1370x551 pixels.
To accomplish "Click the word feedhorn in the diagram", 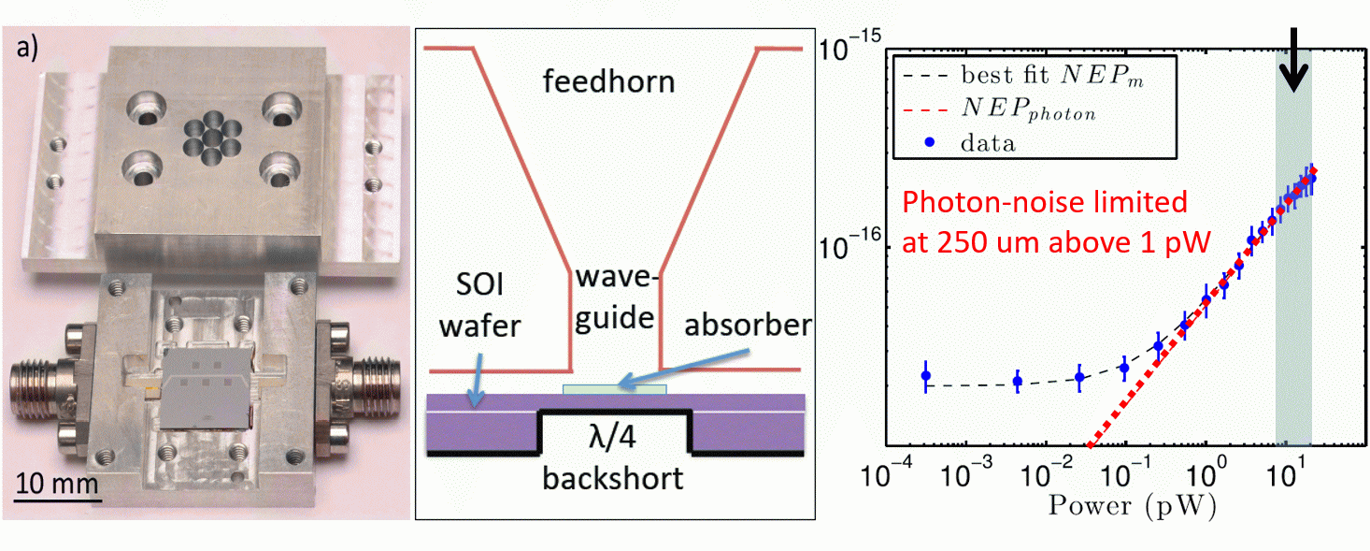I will click(x=609, y=82).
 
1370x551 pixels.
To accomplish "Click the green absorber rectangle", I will click(x=614, y=388).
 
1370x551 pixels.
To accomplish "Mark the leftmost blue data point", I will click(x=926, y=376).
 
